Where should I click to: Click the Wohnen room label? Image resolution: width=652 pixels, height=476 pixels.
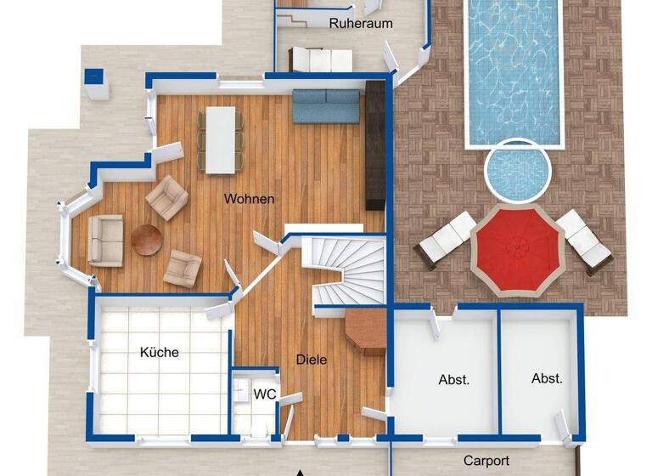[x=249, y=199]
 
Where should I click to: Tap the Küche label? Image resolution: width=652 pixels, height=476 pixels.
[x=160, y=351]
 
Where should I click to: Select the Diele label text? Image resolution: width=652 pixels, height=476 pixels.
[x=312, y=360]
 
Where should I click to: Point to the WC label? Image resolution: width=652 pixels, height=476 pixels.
[x=266, y=394]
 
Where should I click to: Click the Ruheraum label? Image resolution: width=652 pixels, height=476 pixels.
[x=361, y=23]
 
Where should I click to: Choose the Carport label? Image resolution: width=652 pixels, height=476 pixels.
[x=486, y=461]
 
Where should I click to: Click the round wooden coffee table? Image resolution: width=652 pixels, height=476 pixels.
[x=146, y=240]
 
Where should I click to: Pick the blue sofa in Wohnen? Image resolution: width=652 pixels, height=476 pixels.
[x=327, y=106]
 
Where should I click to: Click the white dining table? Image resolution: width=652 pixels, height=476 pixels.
[x=220, y=139]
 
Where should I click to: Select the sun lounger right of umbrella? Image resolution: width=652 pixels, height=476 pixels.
[x=585, y=240]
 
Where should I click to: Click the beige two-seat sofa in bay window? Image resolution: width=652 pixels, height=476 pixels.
[x=105, y=241]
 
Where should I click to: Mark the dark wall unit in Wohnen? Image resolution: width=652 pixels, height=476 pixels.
[x=376, y=145]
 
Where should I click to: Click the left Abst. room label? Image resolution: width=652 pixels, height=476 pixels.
[x=453, y=380]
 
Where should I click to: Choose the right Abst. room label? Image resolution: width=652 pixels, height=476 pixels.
[x=547, y=378]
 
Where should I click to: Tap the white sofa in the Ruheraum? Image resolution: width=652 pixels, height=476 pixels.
[x=321, y=60]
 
